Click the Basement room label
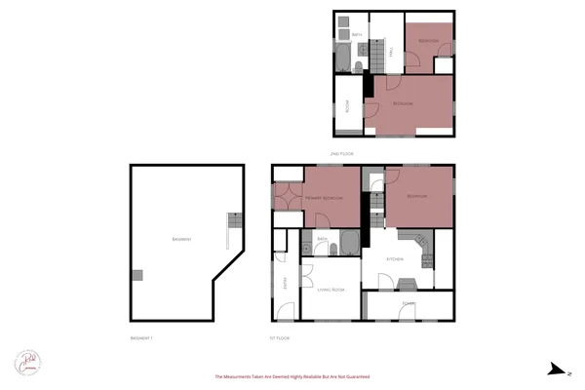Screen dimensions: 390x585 180,239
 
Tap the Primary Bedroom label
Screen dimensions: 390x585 322,198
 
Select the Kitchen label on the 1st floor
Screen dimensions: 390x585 395,258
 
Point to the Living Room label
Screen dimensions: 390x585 331,290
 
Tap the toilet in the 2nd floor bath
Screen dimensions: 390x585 359,65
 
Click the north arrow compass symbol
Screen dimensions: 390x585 556,368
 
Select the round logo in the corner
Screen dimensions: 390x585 26,362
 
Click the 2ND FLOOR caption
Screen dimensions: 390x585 341,154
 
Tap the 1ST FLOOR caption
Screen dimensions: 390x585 280,337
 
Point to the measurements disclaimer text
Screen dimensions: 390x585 292,376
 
